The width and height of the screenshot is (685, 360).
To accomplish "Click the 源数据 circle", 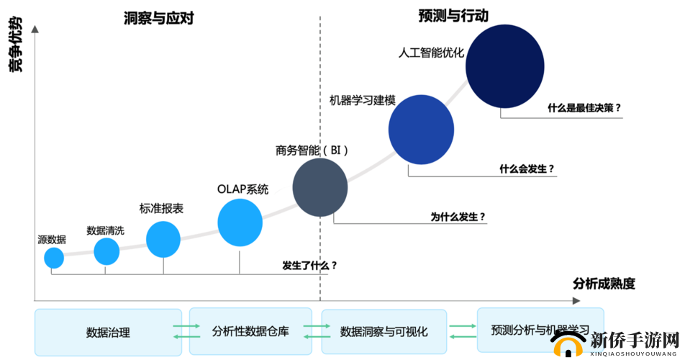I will pyautogui.click(x=54, y=257).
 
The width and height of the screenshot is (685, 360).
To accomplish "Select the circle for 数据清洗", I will pyautogui.click(x=106, y=251).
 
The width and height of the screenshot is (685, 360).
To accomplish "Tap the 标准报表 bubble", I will pyautogui.click(x=163, y=239).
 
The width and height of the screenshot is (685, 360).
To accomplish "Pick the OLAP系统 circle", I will pyautogui.click(x=240, y=222).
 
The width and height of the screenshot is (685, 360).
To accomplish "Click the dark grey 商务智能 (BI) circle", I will pyautogui.click(x=320, y=188).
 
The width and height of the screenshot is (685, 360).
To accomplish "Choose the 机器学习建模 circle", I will pyautogui.click(x=421, y=130).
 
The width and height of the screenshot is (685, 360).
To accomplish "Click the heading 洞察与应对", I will pyautogui.click(x=159, y=18).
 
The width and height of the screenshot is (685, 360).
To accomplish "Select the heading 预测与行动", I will pyautogui.click(x=453, y=15).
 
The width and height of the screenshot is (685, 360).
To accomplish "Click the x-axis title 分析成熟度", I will pyautogui.click(x=604, y=283).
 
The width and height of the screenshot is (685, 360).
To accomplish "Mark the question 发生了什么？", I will pyautogui.click(x=309, y=265).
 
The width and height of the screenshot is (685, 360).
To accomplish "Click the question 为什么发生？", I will pyautogui.click(x=458, y=216).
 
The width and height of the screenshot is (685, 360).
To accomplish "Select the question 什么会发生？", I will pyautogui.click(x=527, y=168).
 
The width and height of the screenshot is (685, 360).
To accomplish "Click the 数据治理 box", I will pyautogui.click(x=108, y=332).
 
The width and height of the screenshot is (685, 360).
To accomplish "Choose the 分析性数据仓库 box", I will pyautogui.click(x=250, y=331).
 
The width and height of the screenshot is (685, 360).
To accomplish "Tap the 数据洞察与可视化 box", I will pyautogui.click(x=384, y=332).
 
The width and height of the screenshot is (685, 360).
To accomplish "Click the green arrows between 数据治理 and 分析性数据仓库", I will pyautogui.click(x=186, y=331).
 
